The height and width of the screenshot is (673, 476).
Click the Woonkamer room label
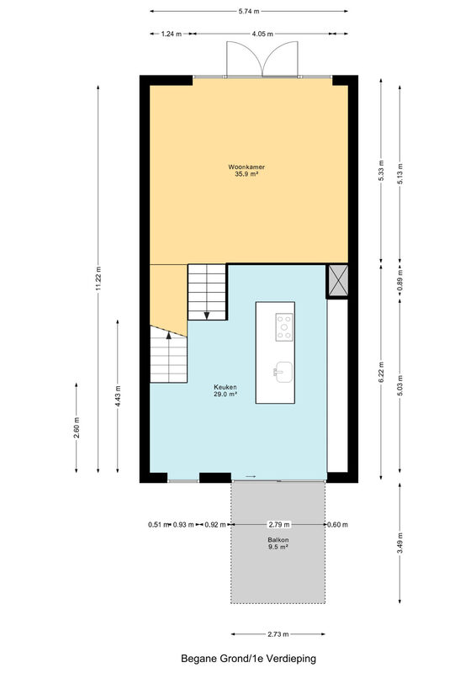coord(246,167)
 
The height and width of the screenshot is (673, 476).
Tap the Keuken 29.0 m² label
coord(225,390)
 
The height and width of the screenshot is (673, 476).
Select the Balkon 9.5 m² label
coord(278,543)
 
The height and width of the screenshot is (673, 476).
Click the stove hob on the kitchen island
coord(284,327)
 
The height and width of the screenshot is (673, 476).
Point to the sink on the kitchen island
coord(283,372)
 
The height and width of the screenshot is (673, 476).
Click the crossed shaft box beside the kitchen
coord(338,281)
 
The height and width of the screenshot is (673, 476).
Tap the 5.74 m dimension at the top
coord(249,12)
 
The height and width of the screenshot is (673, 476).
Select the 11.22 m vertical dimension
coord(98,278)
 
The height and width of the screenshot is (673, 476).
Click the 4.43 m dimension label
coord(118,396)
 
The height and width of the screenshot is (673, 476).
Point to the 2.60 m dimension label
coord(77,427)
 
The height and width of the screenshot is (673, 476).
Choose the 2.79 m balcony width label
coord(279,524)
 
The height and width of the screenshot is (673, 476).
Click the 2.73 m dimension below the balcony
coord(278,634)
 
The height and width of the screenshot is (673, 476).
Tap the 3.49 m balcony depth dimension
coord(400,543)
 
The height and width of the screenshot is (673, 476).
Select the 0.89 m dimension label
coord(400,281)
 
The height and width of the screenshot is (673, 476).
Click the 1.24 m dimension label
coord(172,34)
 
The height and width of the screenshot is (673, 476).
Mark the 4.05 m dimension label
coord(262,34)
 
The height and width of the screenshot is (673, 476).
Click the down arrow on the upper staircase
coord(207,315)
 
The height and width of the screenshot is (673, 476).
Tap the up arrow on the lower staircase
coord(169,335)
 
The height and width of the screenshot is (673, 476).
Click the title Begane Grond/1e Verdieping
coord(249,659)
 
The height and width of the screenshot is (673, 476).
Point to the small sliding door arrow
coord(251,476)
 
